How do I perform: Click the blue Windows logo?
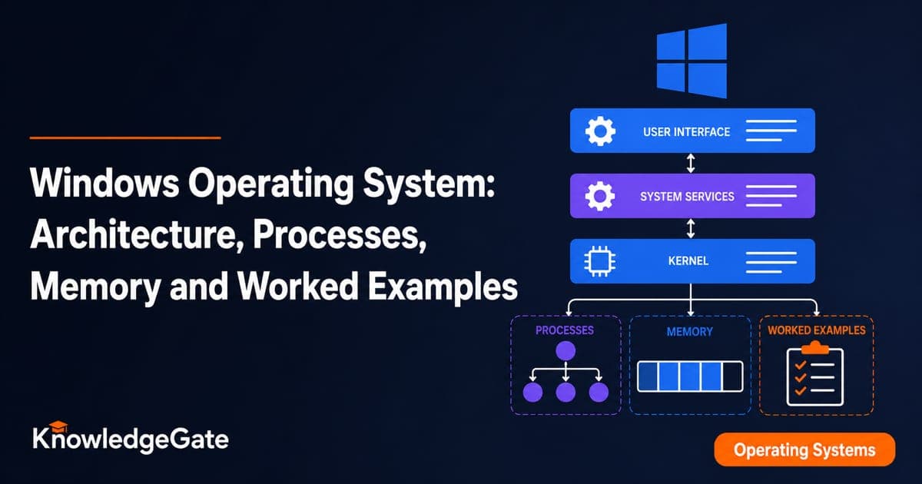[691, 61]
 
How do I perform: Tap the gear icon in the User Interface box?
[600, 131]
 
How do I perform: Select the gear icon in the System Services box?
[600, 196]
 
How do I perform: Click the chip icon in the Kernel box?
[600, 261]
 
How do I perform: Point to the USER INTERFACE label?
[687, 131]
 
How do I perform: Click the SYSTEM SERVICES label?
[687, 197]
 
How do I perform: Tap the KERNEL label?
[688, 260]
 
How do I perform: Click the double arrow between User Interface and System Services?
[691, 163]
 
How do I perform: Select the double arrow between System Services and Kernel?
[691, 228]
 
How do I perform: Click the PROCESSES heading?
[564, 330]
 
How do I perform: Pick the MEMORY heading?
[689, 331]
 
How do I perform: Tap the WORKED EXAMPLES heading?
[817, 330]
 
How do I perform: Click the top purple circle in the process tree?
[565, 351]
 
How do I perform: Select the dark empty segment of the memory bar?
[732, 376]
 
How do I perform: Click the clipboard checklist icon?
[815, 373]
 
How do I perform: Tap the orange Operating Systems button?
[804, 449]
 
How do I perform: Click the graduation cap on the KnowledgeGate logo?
[58, 427]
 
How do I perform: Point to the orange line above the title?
[125, 138]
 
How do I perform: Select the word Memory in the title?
[95, 287]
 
